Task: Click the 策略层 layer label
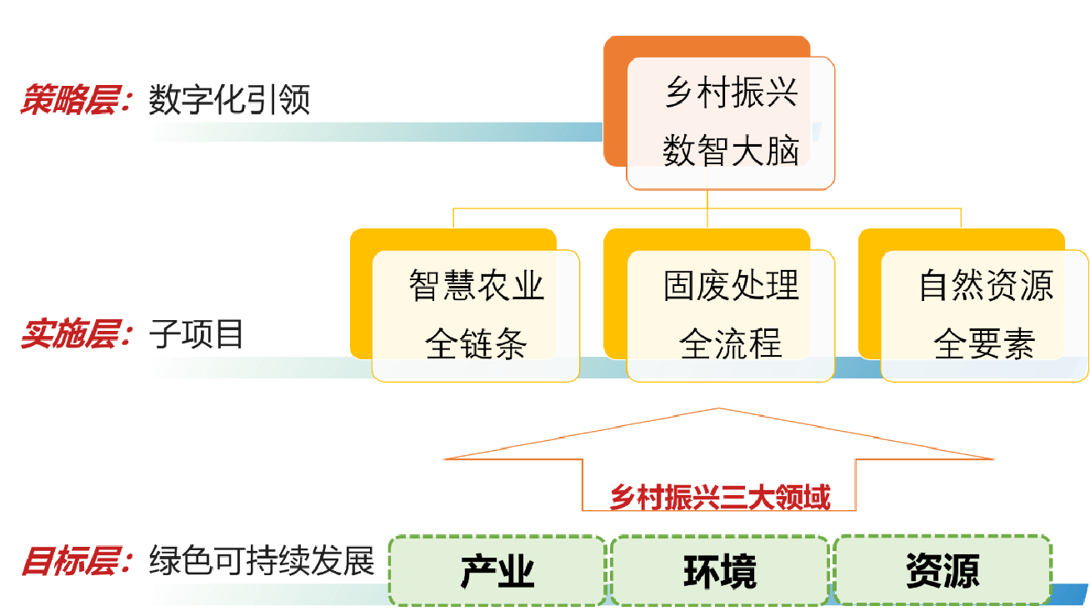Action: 76,100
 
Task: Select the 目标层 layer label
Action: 76,561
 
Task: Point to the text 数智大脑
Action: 731,152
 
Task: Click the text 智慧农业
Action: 476,285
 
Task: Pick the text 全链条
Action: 476,343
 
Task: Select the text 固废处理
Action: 731,285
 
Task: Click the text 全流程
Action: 731,343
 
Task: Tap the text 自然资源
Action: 986,285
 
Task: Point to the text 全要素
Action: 986,343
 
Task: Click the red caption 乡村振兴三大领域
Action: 720,498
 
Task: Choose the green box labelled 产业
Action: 497,571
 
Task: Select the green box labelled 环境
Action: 720,571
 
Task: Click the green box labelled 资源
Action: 942,571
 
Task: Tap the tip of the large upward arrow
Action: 719,410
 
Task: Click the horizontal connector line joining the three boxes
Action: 583,208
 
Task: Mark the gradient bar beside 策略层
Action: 375,132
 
